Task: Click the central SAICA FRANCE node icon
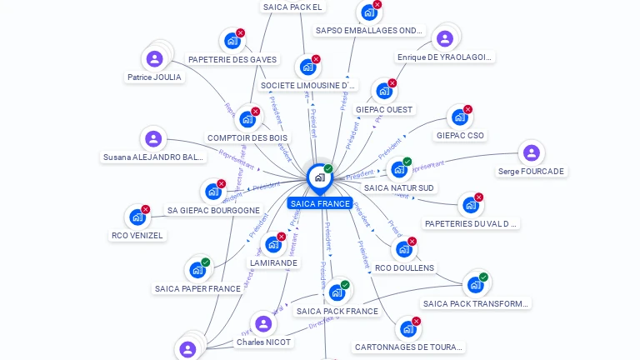click(x=319, y=177)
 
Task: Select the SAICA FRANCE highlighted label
click(x=320, y=203)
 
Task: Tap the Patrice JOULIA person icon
click(x=154, y=59)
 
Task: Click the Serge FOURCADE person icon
click(x=531, y=153)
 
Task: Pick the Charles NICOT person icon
click(x=263, y=324)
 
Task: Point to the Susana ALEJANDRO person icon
click(x=152, y=139)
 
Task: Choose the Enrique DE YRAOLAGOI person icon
click(x=445, y=38)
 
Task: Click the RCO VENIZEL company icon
click(x=137, y=217)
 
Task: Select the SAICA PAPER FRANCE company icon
click(x=197, y=270)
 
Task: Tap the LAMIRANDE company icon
click(x=273, y=245)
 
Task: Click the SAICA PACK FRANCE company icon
click(x=337, y=292)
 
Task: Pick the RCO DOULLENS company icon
click(x=404, y=249)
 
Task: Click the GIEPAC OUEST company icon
click(x=384, y=91)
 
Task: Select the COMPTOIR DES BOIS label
click(x=247, y=137)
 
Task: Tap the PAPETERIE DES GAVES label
click(x=232, y=60)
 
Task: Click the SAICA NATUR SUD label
click(x=400, y=187)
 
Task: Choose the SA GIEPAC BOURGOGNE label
click(x=213, y=211)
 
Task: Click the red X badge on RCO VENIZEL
click(x=146, y=209)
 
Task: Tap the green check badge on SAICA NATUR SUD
click(x=407, y=162)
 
